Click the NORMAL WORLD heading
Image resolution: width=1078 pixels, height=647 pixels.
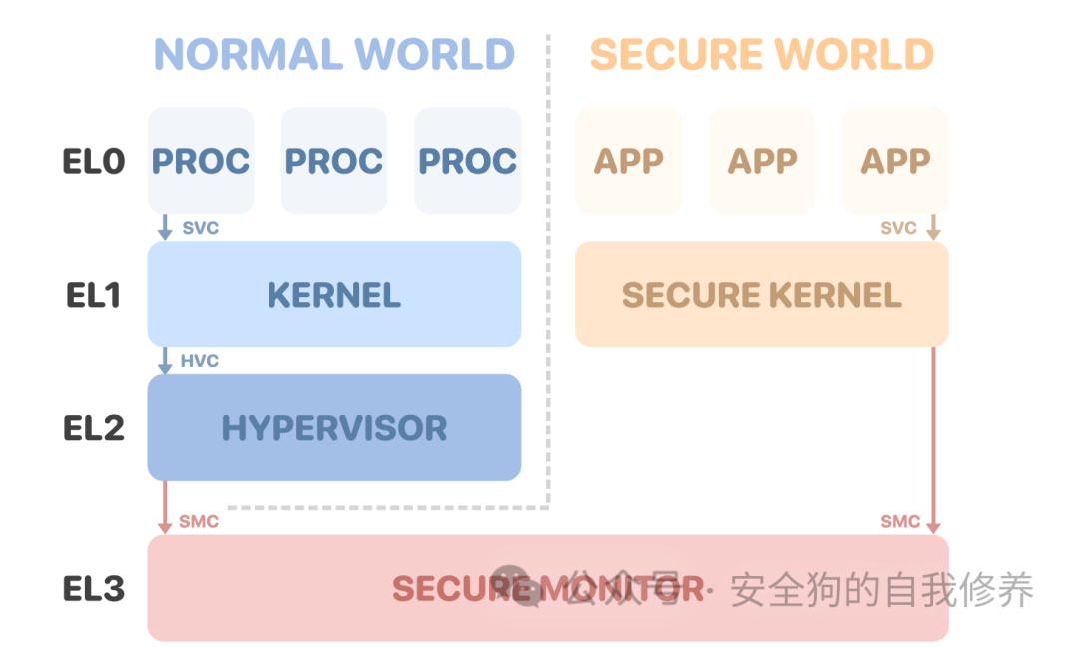coord(334,53)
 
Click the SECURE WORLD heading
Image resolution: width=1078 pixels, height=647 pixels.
coord(762,53)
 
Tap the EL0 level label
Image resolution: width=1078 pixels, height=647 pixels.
coord(94,161)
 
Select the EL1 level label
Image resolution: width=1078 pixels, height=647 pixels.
coord(92,295)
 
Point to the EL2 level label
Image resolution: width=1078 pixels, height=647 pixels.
coord(94,428)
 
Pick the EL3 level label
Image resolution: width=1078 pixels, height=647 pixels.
coord(94,588)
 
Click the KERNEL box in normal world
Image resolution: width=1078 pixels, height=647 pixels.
coord(334,295)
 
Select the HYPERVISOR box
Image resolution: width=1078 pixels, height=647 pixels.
coord(334,428)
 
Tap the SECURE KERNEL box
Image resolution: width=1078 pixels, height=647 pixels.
coord(762,295)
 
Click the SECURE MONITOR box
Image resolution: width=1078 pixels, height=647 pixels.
coord(547,588)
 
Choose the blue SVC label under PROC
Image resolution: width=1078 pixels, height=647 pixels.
coord(200,228)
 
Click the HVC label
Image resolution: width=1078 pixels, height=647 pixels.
coord(200,360)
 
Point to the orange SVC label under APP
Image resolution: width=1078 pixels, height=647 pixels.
coord(898,228)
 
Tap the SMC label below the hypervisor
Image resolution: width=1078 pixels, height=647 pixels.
coord(199,521)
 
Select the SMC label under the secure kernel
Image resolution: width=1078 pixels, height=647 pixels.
coord(900,521)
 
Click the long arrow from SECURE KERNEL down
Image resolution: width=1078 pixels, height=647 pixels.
coord(934,439)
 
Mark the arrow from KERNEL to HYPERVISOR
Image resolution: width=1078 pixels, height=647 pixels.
coord(165,360)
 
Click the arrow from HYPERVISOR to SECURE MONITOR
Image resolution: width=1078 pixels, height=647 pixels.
coord(165,507)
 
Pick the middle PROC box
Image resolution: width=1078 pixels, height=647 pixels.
coord(334,161)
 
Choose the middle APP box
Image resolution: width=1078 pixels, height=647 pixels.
coord(762,161)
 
